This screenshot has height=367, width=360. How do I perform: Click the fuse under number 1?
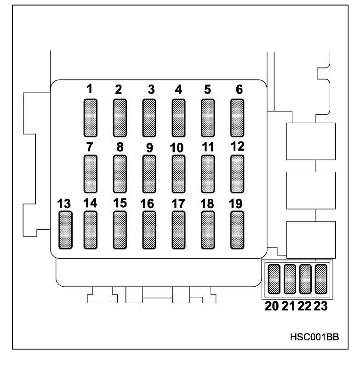[91, 118]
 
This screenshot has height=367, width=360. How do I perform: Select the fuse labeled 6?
[237, 118]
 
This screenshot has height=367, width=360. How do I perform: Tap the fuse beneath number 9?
[149, 174]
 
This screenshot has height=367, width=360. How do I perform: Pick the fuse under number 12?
[237, 174]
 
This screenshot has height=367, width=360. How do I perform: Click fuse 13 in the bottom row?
[65, 230]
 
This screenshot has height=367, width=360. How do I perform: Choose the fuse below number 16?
[149, 230]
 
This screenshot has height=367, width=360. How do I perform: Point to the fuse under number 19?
[237, 230]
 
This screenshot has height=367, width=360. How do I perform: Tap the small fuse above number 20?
[274, 279]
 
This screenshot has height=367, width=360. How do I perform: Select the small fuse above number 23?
[321, 279]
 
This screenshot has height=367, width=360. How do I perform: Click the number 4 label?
[178, 90]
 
